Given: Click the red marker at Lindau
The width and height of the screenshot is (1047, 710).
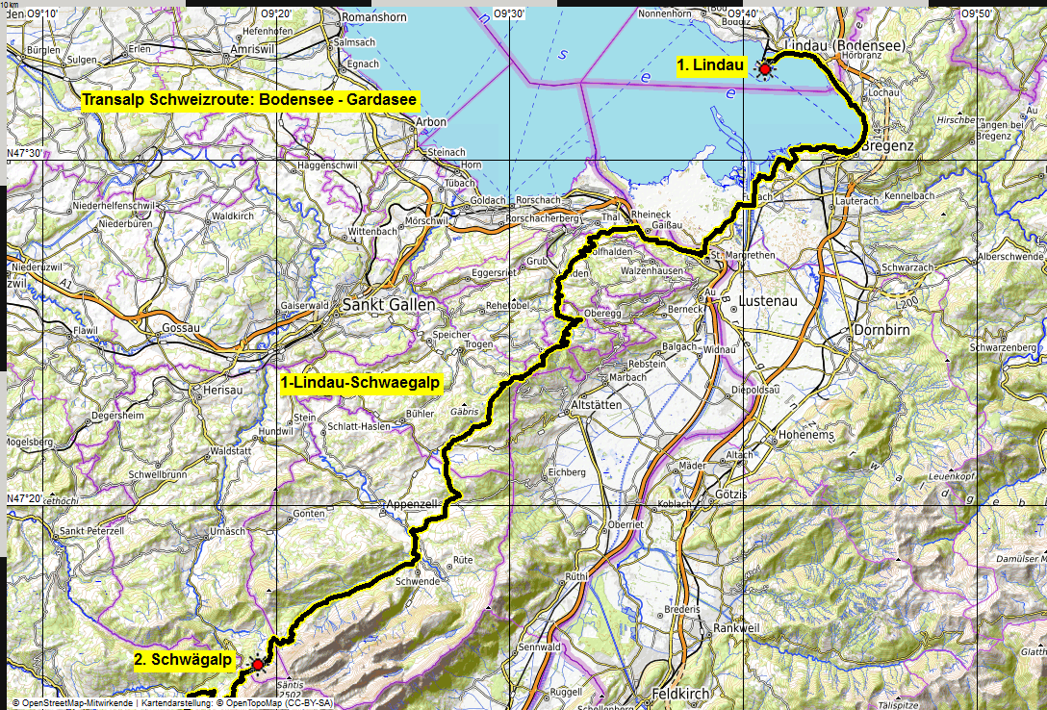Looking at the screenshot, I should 765,68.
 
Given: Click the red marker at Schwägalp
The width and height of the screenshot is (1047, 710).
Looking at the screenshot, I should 257,664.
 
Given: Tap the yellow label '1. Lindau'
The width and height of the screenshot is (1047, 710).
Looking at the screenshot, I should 710,64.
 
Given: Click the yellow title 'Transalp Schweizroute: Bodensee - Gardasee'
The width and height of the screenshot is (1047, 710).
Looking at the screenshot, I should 249,100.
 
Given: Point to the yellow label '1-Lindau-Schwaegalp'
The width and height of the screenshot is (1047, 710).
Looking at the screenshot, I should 360,383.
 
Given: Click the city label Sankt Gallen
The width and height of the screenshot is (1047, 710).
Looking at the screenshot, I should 389,304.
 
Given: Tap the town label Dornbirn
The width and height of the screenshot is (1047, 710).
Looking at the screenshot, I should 882,329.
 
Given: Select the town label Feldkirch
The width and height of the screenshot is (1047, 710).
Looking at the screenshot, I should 679,694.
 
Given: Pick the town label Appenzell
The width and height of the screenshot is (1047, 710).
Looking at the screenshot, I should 412,504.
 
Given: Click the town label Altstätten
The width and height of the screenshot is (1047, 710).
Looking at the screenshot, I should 597,405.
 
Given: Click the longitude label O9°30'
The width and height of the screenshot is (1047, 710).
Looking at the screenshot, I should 508,13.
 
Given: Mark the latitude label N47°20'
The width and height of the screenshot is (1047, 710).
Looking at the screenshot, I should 24,498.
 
